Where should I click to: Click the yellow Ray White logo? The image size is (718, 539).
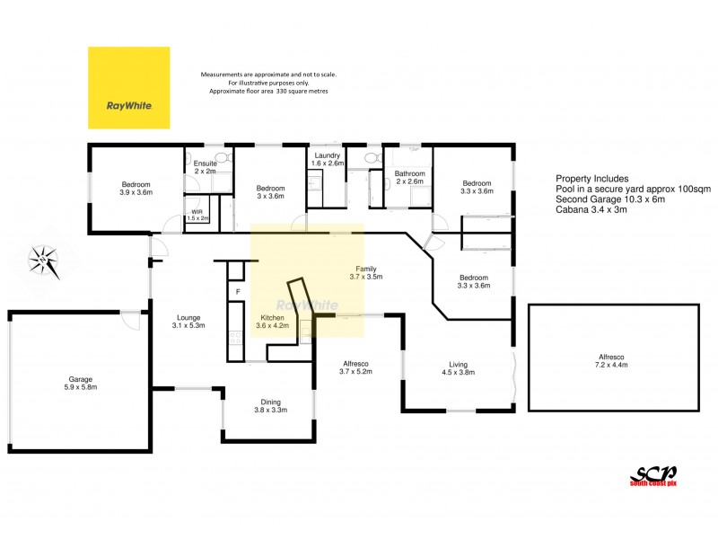128,87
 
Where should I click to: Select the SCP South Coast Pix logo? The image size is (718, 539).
652,476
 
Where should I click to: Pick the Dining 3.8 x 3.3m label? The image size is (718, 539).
271,406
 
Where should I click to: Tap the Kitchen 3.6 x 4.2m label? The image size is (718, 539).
274,323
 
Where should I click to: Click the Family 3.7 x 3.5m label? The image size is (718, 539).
366,273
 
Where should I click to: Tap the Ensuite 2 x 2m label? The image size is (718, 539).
205,167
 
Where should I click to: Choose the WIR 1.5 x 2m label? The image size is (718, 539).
197,216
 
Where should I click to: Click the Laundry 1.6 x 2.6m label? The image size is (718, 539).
328,160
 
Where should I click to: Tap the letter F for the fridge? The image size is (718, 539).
237,292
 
